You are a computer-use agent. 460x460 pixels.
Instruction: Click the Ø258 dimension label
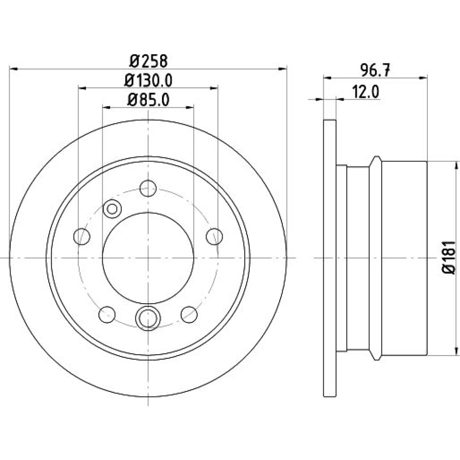pos(149,61)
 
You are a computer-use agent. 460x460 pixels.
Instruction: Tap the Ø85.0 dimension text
pos(148,100)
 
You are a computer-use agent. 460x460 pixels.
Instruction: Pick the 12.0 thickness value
pos(365,92)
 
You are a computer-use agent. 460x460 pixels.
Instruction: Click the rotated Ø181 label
pos(449,258)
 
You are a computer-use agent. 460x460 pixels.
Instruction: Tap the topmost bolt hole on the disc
pos(148,188)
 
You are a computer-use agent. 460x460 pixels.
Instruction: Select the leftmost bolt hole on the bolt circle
pos(81,236)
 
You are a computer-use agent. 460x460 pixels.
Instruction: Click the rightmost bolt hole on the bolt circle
pos(214,236)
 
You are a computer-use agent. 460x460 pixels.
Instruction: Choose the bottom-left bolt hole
pos(107,315)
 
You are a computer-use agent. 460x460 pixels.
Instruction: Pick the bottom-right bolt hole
pos(189,315)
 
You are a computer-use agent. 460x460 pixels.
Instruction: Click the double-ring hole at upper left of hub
pos(112,209)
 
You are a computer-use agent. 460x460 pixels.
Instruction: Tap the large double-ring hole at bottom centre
pos(148,318)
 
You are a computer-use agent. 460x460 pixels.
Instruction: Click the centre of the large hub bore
pos(148,258)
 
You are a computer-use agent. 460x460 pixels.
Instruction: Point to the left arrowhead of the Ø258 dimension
pos(14,69)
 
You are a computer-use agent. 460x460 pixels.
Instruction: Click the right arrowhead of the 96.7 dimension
pos(423,78)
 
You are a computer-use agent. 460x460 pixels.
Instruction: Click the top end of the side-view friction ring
pos(330,120)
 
